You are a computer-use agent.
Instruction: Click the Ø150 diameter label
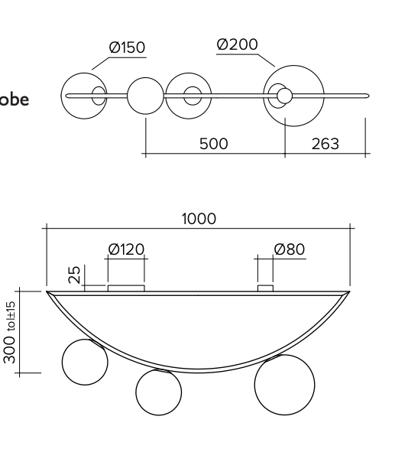pyautogui.click(x=127, y=47)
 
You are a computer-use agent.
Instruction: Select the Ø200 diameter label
pyautogui.click(x=236, y=44)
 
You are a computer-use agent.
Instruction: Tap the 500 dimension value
pyautogui.click(x=215, y=143)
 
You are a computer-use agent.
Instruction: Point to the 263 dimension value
pyautogui.click(x=325, y=143)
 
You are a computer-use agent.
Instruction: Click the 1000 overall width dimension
pyautogui.click(x=199, y=219)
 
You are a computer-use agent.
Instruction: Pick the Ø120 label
pyautogui.click(x=126, y=249)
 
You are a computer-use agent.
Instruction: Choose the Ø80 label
pyautogui.click(x=289, y=249)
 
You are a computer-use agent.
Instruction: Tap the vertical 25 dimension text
pyautogui.click(x=75, y=274)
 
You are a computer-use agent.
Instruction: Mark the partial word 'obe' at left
pyautogui.click(x=15, y=100)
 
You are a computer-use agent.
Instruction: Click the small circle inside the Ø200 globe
pyautogui.click(x=284, y=96)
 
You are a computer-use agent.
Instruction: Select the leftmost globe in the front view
pyautogui.click(x=86, y=363)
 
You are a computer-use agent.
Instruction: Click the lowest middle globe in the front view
pyautogui.click(x=159, y=392)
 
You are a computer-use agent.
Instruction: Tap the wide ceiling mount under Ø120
pyautogui.click(x=126, y=288)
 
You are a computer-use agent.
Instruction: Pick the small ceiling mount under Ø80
pyautogui.click(x=266, y=288)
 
